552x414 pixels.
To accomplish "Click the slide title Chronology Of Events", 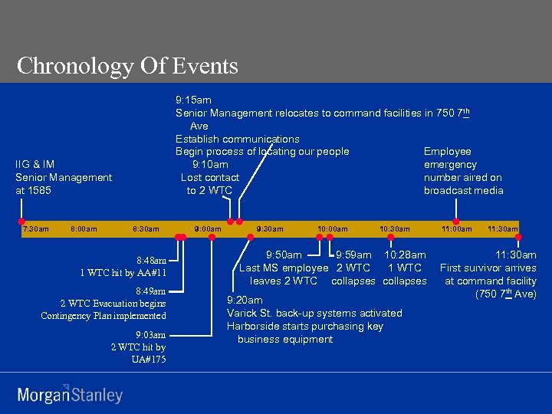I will coord(127,66).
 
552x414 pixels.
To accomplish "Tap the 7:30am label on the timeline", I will coord(35,228).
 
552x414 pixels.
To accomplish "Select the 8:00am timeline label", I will coord(84,228).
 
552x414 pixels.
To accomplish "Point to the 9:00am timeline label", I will coord(208,228).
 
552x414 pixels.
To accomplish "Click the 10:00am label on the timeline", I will coord(332,228).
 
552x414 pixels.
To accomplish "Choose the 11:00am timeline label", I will coord(457,228).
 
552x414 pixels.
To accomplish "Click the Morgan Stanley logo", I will coord(70,395).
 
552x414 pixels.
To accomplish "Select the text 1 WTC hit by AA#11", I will coord(123,273).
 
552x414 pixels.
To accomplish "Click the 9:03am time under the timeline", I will coord(149,334).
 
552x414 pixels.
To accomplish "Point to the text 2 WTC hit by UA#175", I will coord(138,353).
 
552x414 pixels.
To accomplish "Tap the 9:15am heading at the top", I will coord(193,100).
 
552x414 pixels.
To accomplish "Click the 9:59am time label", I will coord(354,255).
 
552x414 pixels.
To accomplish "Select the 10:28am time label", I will coord(405,255).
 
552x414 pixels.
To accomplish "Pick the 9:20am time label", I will coord(245,300).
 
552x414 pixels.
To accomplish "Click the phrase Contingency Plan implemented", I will coord(103,316).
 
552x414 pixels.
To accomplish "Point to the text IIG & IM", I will coord(34,164).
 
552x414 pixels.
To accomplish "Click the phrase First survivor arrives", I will coord(488,268).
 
